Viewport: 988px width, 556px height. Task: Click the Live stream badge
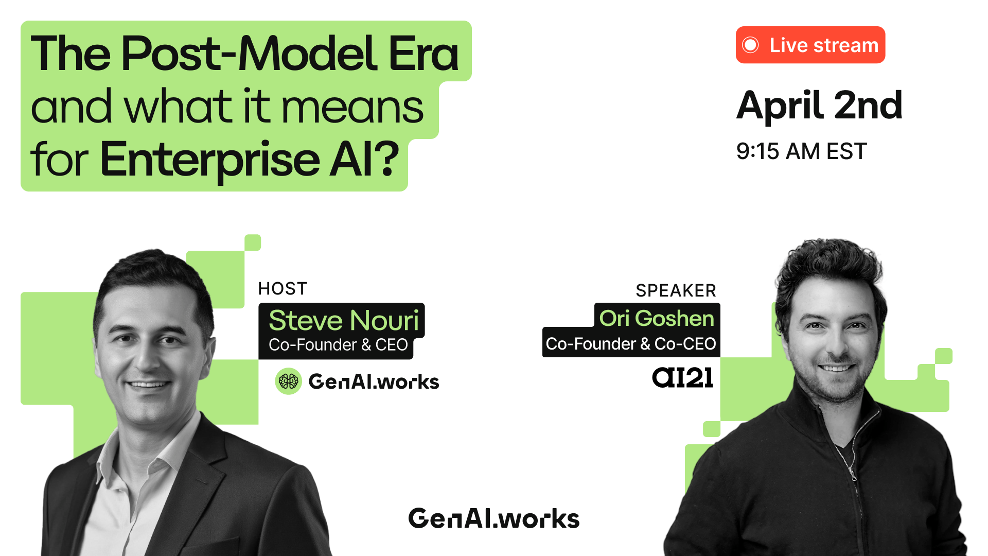810,45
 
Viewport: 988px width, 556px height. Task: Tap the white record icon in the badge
750,45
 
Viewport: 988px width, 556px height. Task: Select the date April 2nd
819,106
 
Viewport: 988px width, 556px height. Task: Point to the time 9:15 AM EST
801,151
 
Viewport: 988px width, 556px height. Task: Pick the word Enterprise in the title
210,160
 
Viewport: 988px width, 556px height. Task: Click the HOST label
283,288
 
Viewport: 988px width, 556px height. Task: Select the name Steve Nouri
344,320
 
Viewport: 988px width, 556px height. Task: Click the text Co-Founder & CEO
338,344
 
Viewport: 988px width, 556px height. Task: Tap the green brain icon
288,381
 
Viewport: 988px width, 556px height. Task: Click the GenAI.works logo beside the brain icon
374,381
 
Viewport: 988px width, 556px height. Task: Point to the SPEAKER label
676,290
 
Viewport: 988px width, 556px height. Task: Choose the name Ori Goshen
657,318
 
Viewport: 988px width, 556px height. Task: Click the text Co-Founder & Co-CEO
631,343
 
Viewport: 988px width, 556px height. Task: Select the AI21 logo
682,378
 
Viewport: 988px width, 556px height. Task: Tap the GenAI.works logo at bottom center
494,518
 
